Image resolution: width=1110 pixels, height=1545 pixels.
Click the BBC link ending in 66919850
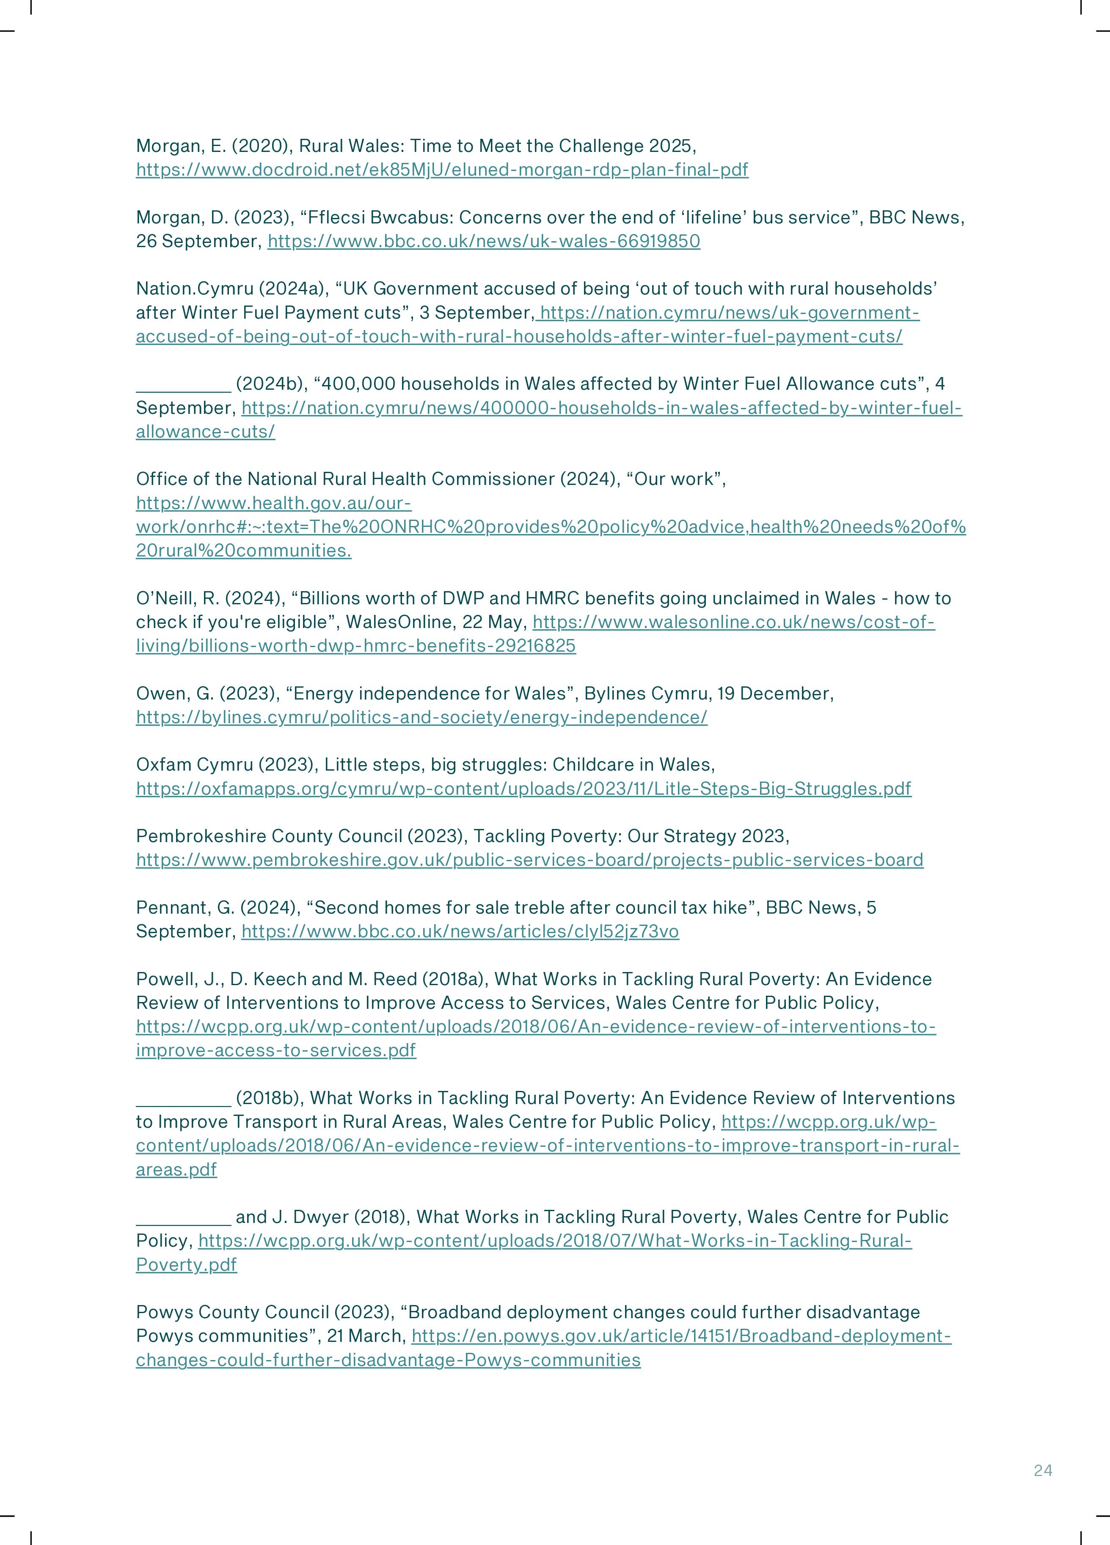(483, 241)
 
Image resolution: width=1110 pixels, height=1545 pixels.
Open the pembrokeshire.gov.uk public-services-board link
(529, 860)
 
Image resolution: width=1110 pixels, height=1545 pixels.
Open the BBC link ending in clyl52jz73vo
(460, 931)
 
